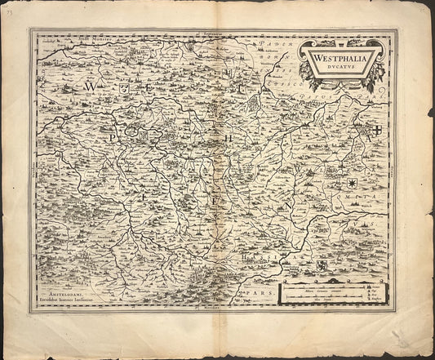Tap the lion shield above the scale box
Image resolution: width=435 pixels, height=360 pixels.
pos(323,266)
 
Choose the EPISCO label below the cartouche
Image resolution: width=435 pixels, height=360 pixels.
pos(293,82)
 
